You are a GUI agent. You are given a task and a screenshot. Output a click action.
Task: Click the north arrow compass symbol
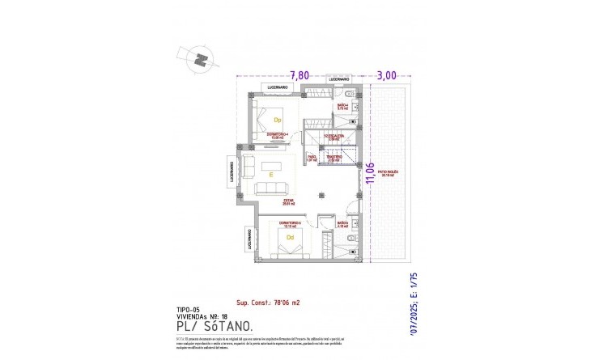(x=199, y=57)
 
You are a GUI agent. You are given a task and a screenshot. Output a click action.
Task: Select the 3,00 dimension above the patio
(x=386, y=74)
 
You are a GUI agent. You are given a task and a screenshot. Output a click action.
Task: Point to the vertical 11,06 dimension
(x=371, y=174)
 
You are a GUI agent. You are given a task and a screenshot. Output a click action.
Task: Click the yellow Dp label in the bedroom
(x=277, y=120)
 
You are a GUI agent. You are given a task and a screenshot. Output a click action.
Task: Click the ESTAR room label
(x=288, y=202)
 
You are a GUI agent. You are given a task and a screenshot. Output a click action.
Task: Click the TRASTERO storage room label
(x=333, y=159)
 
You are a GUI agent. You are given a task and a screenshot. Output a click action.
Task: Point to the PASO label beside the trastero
(x=312, y=159)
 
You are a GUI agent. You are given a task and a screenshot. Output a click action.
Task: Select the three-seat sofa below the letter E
(x=270, y=189)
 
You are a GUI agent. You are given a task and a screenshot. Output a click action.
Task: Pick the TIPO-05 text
(x=189, y=310)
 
